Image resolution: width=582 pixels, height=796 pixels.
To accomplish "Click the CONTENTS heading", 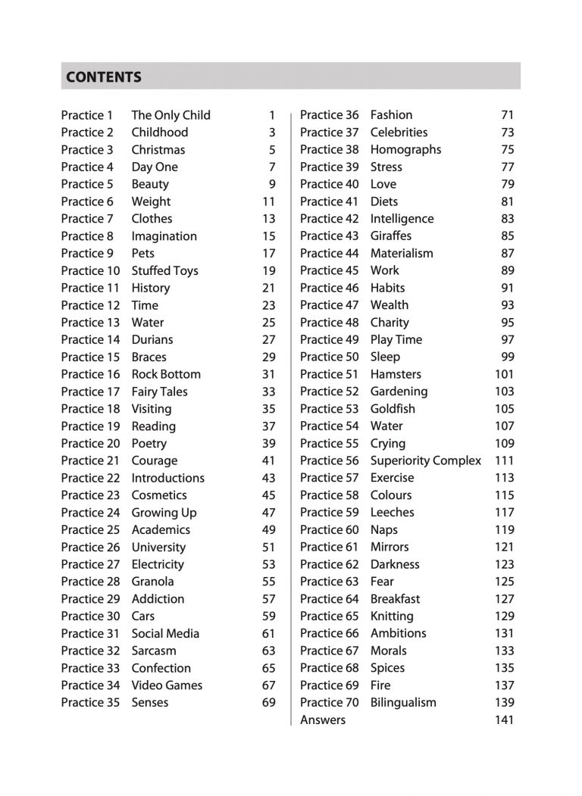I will [x=104, y=77].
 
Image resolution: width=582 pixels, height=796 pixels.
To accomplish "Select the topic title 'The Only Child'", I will [x=171, y=115].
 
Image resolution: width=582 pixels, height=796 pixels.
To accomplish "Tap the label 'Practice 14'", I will [x=90, y=340].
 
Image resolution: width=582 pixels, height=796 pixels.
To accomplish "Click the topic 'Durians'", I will [x=152, y=340].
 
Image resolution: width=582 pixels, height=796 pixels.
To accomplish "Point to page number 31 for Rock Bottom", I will [x=268, y=375].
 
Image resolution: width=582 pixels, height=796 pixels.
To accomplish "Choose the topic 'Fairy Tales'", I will [x=159, y=392].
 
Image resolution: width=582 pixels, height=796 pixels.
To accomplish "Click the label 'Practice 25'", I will [x=90, y=530].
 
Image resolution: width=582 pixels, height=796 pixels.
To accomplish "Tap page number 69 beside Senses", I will [x=268, y=703].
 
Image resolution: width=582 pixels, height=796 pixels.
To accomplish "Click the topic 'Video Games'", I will [x=167, y=685].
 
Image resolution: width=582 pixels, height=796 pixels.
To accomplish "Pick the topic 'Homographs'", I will [x=405, y=150].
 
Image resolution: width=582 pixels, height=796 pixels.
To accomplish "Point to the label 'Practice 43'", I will [x=329, y=236].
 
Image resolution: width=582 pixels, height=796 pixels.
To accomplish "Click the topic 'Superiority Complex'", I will [x=425, y=461].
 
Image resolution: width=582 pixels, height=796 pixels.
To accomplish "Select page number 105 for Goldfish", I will [x=504, y=409].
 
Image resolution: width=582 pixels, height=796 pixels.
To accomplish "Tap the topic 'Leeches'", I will [x=392, y=513].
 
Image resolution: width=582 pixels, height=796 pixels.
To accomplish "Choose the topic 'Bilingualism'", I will [x=403, y=703].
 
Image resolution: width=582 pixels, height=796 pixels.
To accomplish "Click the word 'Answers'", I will [x=323, y=720].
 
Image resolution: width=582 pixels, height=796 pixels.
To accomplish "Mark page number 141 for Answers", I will [x=504, y=720].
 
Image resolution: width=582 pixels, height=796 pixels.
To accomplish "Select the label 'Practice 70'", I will [x=329, y=703].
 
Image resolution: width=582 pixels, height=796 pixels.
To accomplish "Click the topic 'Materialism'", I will [x=402, y=254].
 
